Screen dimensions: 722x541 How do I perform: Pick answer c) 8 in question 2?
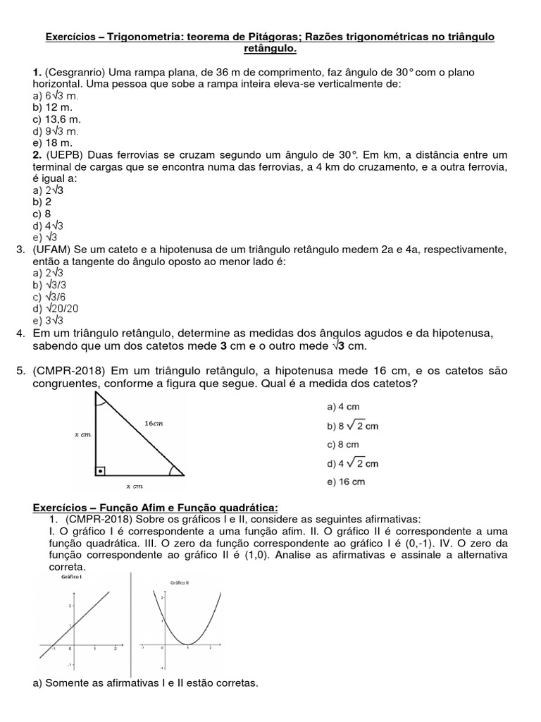coord(42,214)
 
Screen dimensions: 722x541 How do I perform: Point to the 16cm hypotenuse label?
coord(154,424)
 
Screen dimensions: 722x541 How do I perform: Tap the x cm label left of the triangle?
coord(83,435)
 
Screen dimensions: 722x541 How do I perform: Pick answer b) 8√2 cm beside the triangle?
coord(353,426)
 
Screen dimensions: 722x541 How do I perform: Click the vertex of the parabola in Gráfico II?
coord(187,644)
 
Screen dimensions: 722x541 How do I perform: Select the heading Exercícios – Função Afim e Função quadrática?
coord(156,508)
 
